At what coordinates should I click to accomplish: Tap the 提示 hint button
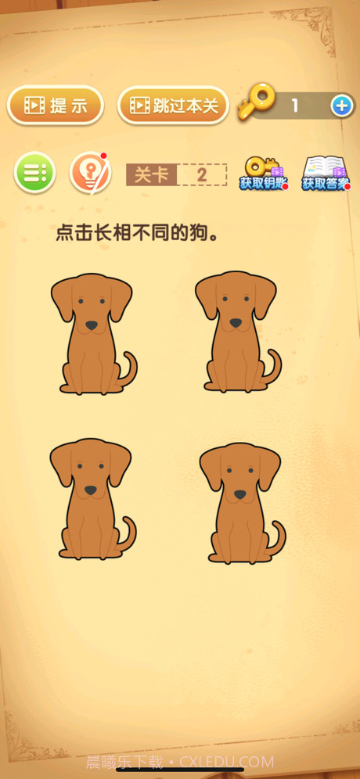click(x=56, y=106)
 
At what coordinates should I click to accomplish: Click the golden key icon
click(x=257, y=103)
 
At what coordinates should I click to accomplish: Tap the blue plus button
click(x=342, y=106)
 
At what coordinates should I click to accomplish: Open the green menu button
click(x=34, y=172)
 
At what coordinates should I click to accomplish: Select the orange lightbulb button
click(x=89, y=173)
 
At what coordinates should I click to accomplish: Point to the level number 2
click(x=202, y=174)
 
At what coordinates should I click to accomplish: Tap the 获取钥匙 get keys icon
click(x=262, y=173)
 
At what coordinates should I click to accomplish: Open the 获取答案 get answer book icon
click(x=325, y=173)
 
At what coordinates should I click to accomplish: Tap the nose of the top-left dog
click(x=92, y=325)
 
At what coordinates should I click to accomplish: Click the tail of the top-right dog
click(x=275, y=364)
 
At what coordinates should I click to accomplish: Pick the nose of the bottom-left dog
click(x=91, y=490)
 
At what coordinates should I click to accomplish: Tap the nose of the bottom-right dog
click(x=239, y=494)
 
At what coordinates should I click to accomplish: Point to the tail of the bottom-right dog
click(x=279, y=537)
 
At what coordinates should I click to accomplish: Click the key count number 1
click(x=294, y=106)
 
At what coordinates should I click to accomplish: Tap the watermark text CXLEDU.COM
click(x=227, y=762)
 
